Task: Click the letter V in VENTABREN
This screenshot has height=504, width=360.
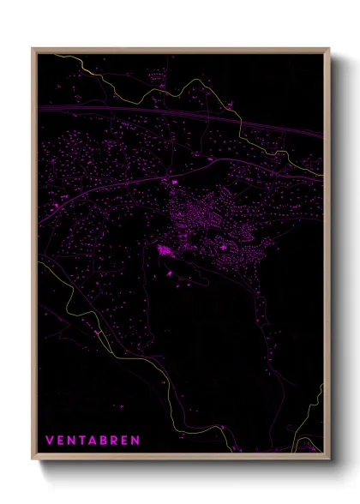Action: point(49,441)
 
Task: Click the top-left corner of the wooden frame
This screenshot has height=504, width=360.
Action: point(33,48)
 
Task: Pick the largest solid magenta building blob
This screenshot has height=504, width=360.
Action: point(163,249)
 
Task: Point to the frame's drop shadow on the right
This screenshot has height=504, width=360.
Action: point(339,257)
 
